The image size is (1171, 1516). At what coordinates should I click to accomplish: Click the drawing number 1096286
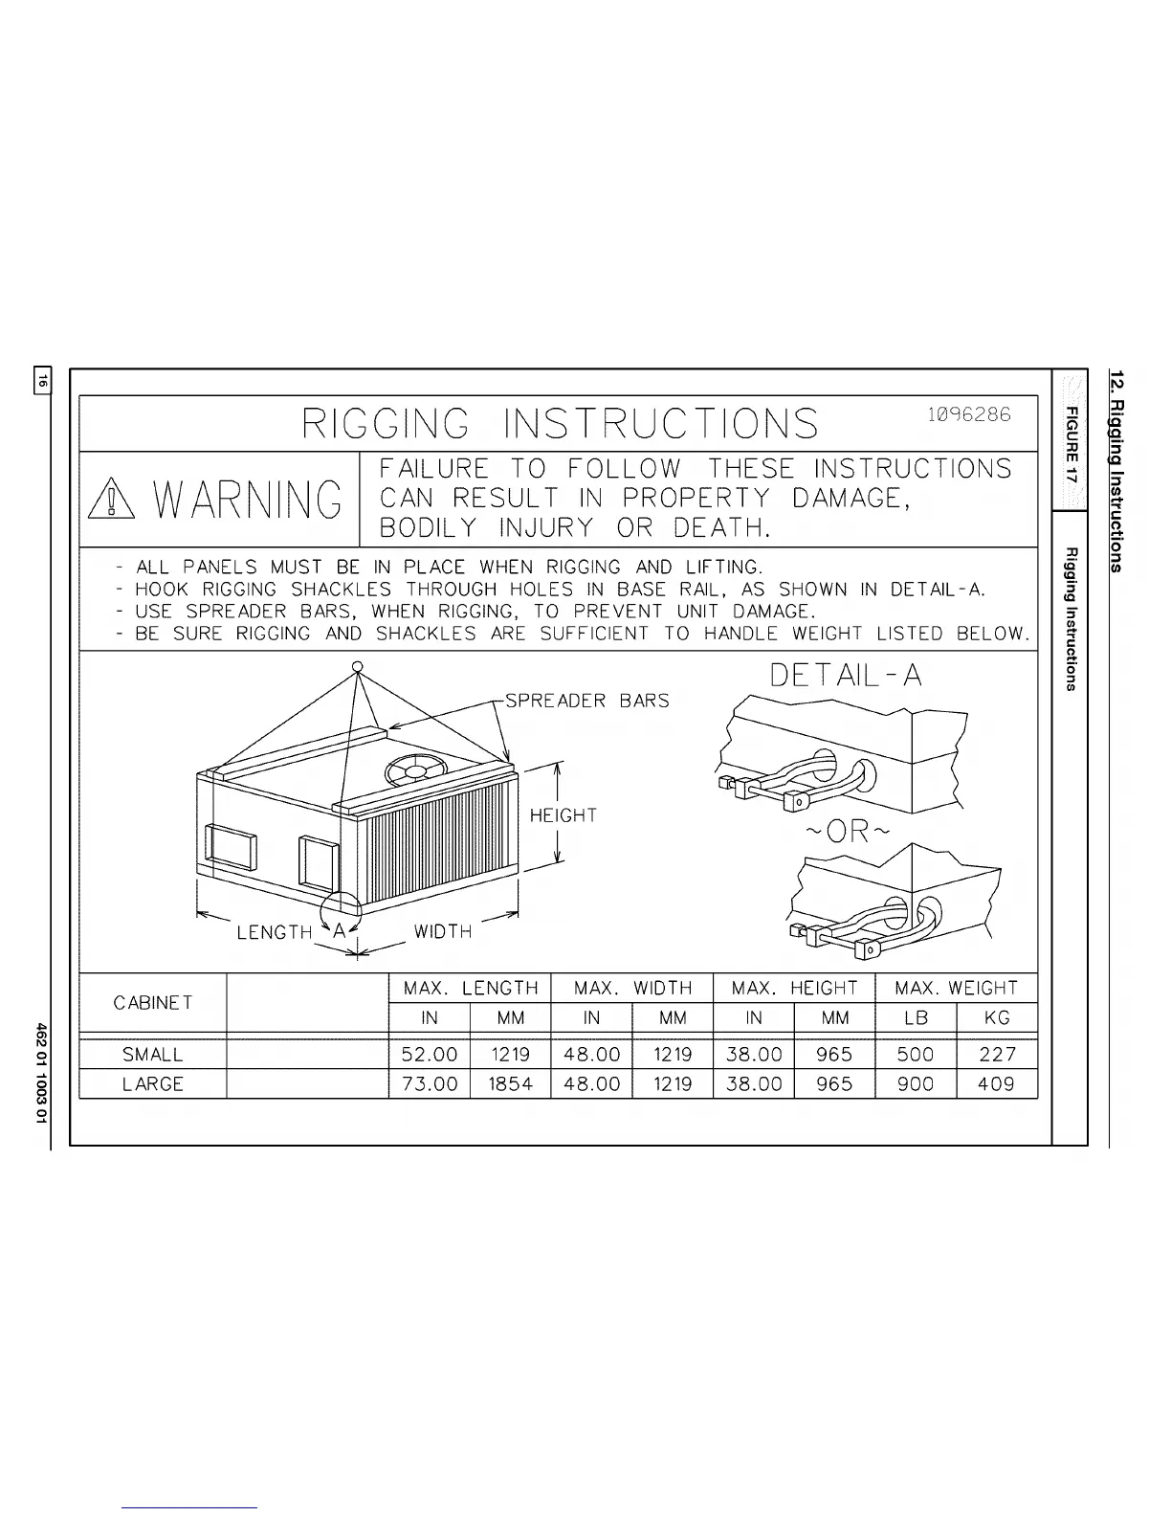(968, 415)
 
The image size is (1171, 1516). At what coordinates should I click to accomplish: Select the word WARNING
(247, 499)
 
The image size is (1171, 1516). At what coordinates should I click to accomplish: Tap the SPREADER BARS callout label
(586, 701)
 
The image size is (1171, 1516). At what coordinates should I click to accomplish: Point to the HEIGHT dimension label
(563, 815)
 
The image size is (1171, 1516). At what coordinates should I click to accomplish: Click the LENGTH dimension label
(275, 932)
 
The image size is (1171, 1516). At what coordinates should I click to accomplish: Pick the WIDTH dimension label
(443, 931)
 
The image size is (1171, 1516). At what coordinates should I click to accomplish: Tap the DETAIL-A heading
(846, 676)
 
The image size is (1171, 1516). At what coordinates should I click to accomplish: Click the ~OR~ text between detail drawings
(845, 831)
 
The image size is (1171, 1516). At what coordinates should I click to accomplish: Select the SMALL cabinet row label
(153, 1055)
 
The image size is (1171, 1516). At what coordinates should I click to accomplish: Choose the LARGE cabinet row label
(153, 1084)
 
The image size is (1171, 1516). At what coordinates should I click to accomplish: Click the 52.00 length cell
(430, 1055)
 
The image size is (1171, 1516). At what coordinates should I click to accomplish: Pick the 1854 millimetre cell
(510, 1084)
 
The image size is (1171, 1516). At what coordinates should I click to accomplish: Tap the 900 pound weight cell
(916, 1084)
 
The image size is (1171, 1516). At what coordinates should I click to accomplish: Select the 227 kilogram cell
(997, 1055)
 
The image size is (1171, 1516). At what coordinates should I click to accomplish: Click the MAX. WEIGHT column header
(956, 988)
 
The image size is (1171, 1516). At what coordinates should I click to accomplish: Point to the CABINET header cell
(153, 1003)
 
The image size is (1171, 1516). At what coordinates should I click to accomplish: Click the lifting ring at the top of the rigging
(356, 667)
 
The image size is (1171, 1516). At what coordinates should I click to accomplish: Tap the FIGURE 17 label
(1071, 446)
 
